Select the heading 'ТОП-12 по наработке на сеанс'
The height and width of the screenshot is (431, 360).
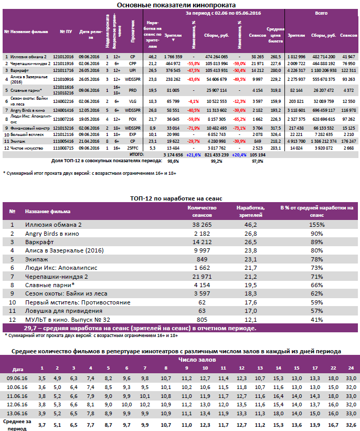[176, 198]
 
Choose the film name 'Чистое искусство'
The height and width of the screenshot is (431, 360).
[25, 148]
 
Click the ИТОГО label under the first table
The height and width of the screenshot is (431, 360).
[136, 155]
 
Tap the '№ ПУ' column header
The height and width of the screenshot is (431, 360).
[66, 31]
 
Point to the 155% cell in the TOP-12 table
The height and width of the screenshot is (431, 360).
[316, 225]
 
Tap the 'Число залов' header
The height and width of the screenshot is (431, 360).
[192, 361]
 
